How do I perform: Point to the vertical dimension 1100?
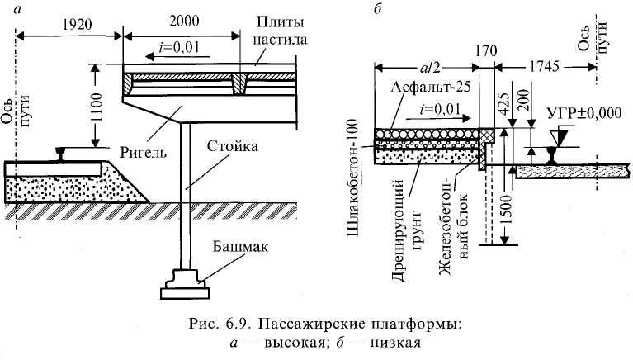coord(97,105)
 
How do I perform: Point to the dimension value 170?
coord(487,50)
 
